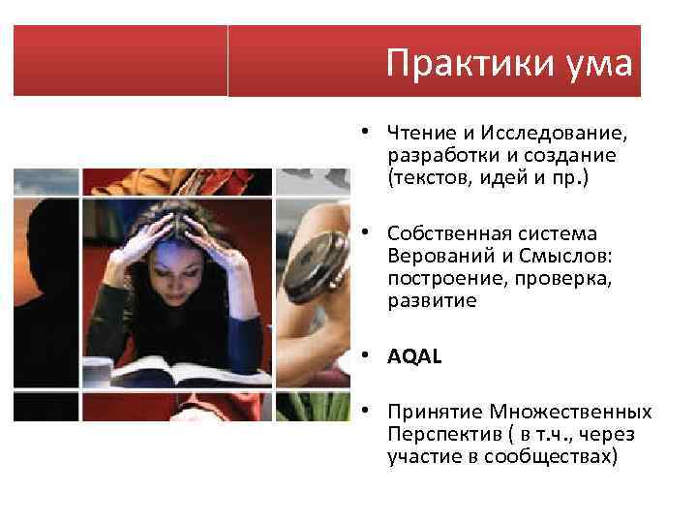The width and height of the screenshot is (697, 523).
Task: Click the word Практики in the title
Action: (x=452, y=64)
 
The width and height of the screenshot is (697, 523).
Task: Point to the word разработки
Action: (x=436, y=155)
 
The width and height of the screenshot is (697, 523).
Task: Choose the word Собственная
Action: (x=444, y=234)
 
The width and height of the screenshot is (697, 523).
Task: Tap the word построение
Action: (x=438, y=278)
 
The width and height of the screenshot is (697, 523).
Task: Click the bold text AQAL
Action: (x=413, y=356)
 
